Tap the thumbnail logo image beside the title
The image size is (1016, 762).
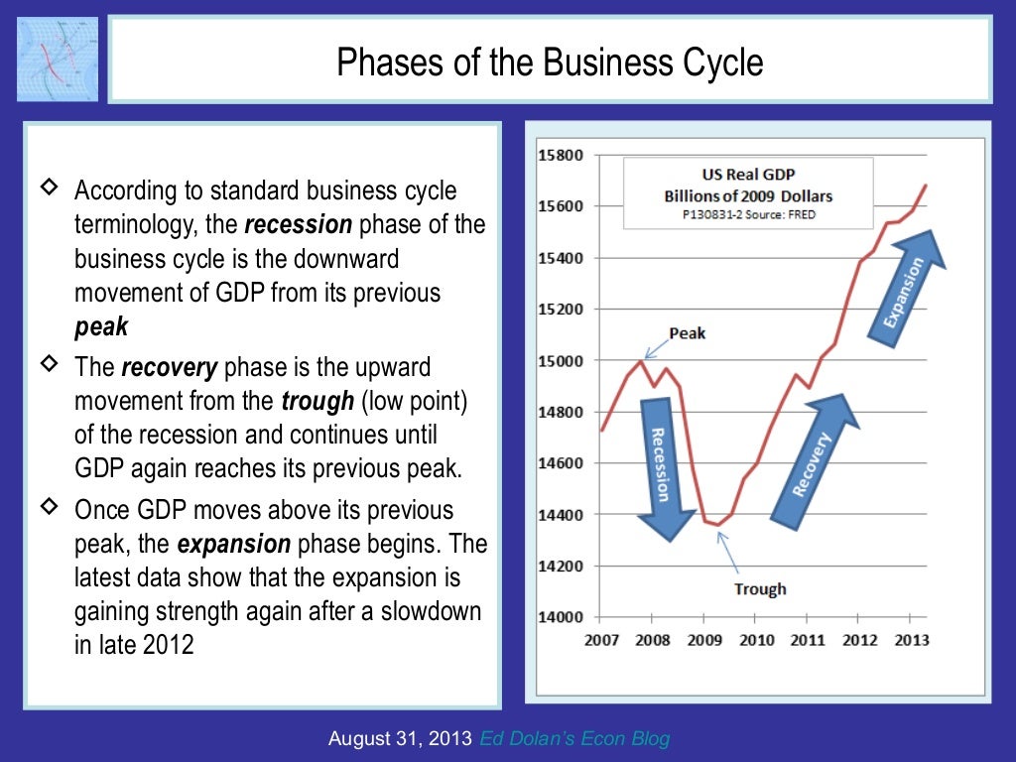click(x=58, y=58)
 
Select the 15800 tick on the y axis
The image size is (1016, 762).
click(x=561, y=156)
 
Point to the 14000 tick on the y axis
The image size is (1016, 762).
click(x=561, y=617)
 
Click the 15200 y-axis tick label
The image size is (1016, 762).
click(x=561, y=310)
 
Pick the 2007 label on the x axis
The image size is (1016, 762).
click(x=601, y=640)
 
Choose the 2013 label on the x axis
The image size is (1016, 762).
click(x=911, y=640)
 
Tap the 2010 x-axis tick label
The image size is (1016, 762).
click(x=756, y=640)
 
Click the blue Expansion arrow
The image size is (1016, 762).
click(x=906, y=287)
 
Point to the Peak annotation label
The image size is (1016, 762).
click(x=687, y=333)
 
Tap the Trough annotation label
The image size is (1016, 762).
click(x=760, y=589)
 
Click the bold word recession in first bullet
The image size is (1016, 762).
click(x=298, y=225)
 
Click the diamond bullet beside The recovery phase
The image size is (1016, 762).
click(x=48, y=365)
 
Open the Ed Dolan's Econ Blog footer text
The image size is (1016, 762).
click(x=574, y=738)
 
